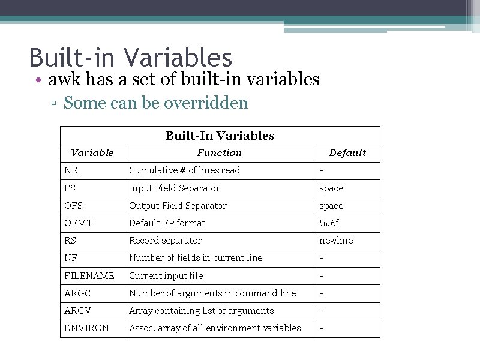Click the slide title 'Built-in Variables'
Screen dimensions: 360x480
(x=130, y=58)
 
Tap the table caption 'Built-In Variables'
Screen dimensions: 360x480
(x=220, y=136)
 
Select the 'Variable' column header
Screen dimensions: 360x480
(x=92, y=153)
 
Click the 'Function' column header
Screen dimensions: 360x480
(x=220, y=153)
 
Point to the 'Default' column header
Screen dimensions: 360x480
(x=347, y=153)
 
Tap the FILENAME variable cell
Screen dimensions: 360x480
(x=89, y=276)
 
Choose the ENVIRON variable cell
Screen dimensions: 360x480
(x=86, y=328)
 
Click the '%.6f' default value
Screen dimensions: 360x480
(x=329, y=223)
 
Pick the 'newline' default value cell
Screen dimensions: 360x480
(x=336, y=241)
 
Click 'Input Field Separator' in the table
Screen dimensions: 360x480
(x=175, y=188)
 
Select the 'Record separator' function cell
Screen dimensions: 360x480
(x=165, y=241)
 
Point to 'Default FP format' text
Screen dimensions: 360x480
(x=167, y=223)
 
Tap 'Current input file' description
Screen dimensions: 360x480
(x=166, y=276)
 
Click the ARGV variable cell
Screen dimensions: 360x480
(x=77, y=311)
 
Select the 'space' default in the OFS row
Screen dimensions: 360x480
(x=331, y=206)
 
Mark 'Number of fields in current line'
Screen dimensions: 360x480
(x=196, y=258)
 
